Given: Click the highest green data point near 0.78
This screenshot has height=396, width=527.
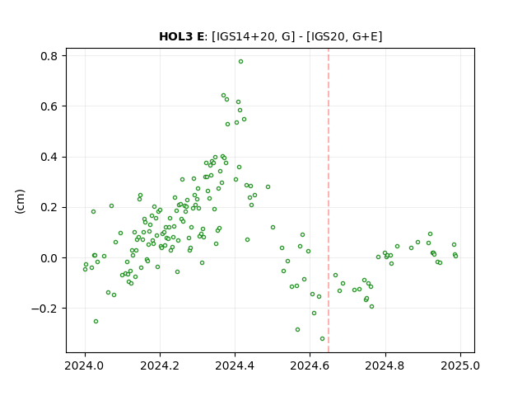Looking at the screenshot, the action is point(240,62).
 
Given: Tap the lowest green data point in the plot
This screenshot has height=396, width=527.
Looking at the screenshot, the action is point(322,339).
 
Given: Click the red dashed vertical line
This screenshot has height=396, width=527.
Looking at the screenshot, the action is point(329,200).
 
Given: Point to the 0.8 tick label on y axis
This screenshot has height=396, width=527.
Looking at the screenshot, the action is point(49,56).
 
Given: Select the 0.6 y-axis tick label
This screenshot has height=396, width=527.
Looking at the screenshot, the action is point(49,106).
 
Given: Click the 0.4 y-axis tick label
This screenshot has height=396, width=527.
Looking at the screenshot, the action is point(49,157).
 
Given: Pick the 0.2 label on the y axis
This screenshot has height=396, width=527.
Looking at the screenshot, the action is point(49,207).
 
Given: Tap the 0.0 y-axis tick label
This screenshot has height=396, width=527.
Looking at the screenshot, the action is point(49,258).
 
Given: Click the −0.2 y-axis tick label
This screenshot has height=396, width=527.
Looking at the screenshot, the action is point(44,309).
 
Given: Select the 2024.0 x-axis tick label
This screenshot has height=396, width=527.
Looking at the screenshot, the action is point(85,365).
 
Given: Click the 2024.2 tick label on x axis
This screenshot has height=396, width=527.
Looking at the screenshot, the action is point(160,365).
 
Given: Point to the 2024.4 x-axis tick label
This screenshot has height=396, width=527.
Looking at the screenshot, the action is point(235,365).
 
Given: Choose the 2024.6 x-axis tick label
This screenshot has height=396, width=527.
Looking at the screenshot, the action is point(310,365).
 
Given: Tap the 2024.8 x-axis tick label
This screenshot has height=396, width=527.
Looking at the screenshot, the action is point(385,365).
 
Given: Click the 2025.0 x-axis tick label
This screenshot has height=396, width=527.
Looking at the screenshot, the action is point(460,365).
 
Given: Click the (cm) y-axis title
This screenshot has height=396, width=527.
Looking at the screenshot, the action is point(20,200).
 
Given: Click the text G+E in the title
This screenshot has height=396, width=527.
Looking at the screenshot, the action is point(365,36).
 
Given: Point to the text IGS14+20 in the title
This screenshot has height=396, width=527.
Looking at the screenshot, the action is point(245,36).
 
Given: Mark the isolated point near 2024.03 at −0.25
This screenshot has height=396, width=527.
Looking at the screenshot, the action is point(96,321).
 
